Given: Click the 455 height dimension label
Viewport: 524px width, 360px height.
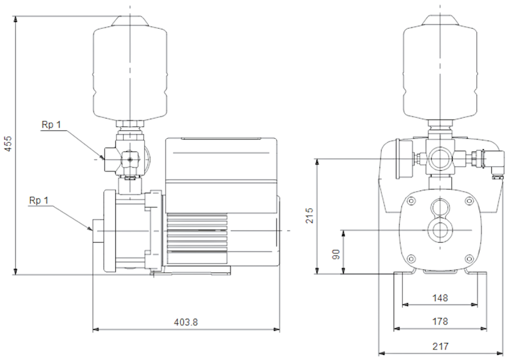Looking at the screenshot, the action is pos(8,143).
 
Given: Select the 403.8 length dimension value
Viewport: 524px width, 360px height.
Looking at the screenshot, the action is pos(186,322).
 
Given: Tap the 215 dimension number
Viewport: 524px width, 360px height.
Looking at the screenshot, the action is pos(309,215).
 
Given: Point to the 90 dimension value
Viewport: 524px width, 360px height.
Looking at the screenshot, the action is pos(336,254).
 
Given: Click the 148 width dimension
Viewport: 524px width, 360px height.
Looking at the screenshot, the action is pos(440,298).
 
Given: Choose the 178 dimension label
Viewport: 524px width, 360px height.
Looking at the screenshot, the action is pos(440,321).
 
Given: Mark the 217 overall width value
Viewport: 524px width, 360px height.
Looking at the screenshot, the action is pos(440,346).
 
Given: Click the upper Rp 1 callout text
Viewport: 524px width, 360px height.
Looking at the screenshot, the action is pos(52,124).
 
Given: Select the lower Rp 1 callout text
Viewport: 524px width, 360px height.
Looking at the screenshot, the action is pos(39,200).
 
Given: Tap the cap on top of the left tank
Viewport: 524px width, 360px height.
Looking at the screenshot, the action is pos(130,21).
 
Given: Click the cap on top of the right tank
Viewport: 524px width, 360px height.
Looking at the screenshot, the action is pos(440,20).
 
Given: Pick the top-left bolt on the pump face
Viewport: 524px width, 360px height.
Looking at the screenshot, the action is pos(411,201).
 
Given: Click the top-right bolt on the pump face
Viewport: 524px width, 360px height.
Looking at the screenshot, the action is pos(469,201).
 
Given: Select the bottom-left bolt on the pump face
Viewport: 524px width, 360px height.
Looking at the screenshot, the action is pos(411,259).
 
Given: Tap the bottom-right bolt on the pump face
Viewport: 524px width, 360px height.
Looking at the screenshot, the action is pos(469,259).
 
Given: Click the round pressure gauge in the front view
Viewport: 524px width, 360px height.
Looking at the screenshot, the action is pos(404,159).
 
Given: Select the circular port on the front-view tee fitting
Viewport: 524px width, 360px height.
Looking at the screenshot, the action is pos(440,158).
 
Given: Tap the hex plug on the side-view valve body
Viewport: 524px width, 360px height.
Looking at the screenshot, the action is pos(130,160).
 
